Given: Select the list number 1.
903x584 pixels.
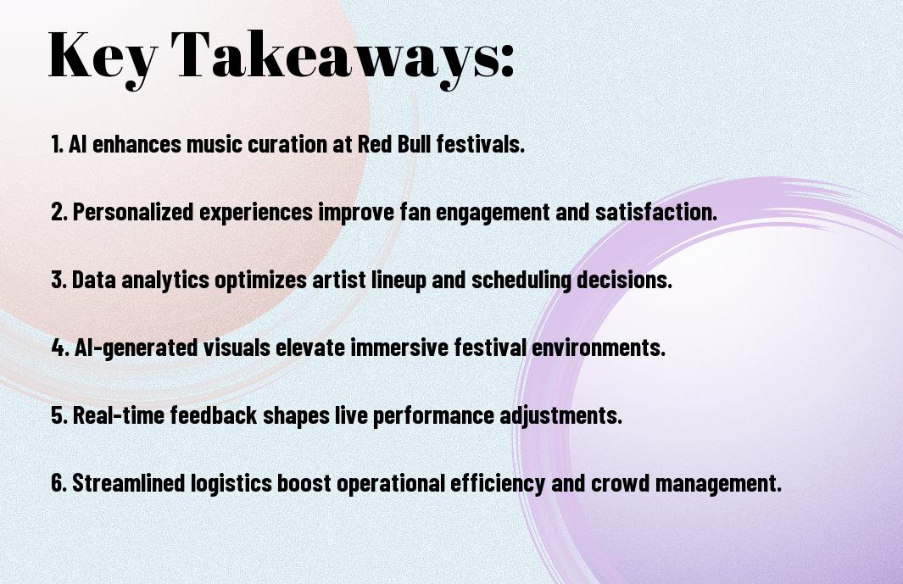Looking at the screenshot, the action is click(x=57, y=144).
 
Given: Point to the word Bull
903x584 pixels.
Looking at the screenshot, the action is click(x=414, y=144).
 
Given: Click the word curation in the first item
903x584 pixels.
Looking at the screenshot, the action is click(x=287, y=144).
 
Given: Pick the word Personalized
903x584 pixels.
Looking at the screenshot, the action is click(x=133, y=212).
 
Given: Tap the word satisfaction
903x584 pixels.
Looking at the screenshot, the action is click(x=656, y=212).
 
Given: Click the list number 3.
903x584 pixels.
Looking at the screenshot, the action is click(x=59, y=280).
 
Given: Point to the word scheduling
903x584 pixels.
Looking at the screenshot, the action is click(x=521, y=281).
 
